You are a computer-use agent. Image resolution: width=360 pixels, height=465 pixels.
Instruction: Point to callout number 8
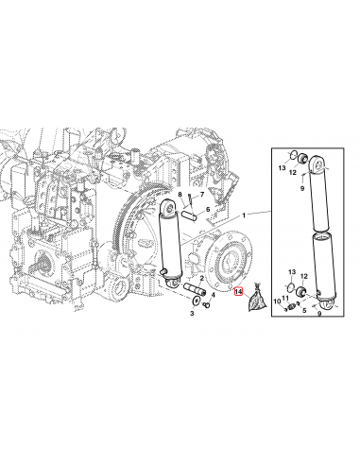(x=180, y=195)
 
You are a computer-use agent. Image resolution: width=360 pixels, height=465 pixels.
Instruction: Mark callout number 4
(x=214, y=295)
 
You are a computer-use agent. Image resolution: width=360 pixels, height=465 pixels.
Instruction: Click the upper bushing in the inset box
(x=294, y=157)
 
